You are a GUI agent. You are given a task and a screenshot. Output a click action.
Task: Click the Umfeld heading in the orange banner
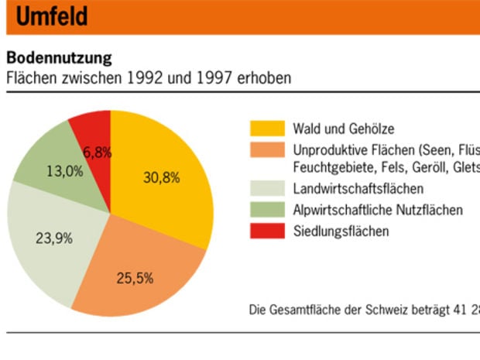point(51,17)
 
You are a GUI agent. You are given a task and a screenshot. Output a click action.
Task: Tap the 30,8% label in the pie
point(162,177)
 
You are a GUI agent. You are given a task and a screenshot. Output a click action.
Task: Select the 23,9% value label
point(54,238)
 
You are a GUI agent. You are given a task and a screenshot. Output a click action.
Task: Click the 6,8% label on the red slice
point(98,153)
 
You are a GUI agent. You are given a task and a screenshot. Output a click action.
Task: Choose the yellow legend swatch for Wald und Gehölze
point(265,129)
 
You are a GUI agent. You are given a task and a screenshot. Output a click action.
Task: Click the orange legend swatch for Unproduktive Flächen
point(265,149)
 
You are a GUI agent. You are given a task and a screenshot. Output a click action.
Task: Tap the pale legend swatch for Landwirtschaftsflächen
point(265,189)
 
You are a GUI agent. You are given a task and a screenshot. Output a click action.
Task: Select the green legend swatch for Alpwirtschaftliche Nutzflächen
point(265,210)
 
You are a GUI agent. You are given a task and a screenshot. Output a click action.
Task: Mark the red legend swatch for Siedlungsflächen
point(265,230)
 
